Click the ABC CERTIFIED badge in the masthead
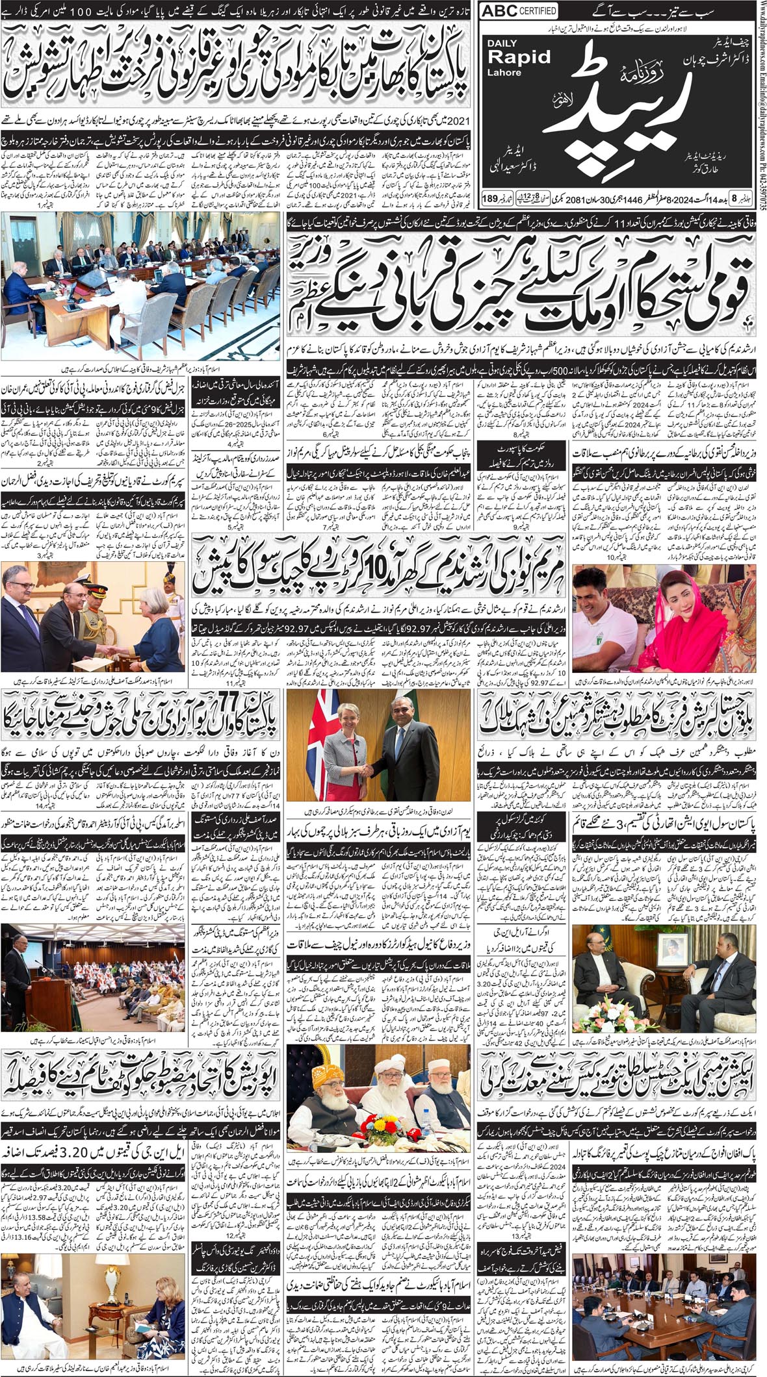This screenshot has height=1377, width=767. click(x=519, y=11)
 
